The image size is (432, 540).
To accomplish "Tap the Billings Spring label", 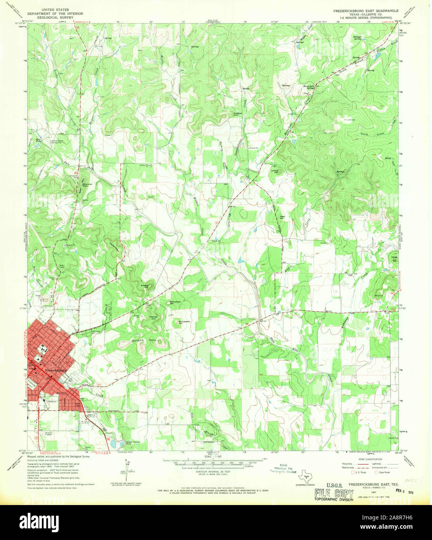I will [x=357, y=38].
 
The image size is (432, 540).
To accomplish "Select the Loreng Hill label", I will [x=274, y=171].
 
